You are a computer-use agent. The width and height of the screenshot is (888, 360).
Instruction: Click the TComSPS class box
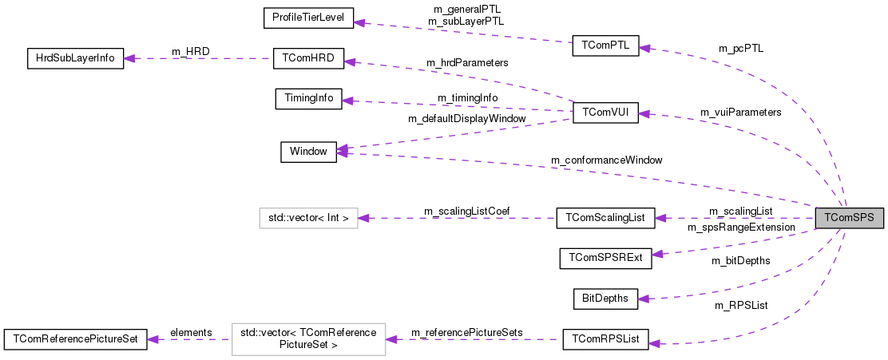(x=849, y=217)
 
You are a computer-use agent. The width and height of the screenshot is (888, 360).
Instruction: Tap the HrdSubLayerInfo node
(x=75, y=58)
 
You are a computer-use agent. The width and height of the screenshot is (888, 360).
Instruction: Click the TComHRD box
(x=307, y=58)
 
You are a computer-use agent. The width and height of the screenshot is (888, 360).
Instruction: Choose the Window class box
(x=308, y=152)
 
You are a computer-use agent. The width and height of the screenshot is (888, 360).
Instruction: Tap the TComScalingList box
(x=605, y=217)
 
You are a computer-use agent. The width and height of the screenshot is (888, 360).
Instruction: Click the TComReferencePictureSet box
(x=75, y=338)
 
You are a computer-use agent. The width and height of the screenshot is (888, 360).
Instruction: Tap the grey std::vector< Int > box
(x=308, y=217)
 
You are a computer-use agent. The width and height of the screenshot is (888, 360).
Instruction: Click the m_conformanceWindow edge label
(x=607, y=160)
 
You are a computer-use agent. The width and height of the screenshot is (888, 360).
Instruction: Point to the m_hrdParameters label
(x=467, y=62)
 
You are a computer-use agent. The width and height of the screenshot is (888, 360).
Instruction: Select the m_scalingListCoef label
(x=466, y=211)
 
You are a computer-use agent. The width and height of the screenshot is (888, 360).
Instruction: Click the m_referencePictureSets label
(x=466, y=332)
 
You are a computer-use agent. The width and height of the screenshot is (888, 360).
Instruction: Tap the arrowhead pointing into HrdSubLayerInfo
(x=130, y=58)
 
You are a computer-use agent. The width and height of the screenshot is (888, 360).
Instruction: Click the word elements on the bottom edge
(x=191, y=332)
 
